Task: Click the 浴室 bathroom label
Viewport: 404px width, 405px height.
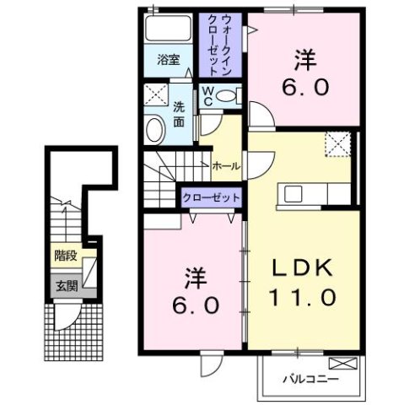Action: point(169,60)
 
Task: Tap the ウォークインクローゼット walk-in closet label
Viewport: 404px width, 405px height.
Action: point(221,44)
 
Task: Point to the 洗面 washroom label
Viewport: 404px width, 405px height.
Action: point(180,115)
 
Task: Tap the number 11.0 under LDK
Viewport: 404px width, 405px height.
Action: point(304,297)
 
